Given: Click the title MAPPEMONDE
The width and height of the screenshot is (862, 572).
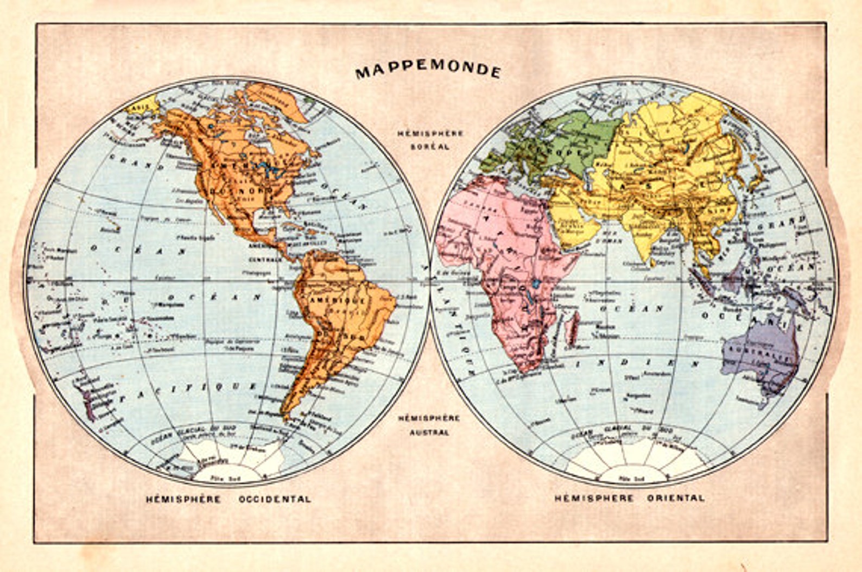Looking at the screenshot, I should point(428,72).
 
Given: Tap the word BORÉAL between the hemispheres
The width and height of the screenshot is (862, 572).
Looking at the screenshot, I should point(430,147).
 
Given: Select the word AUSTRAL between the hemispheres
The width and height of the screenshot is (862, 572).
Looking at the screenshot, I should point(429,432).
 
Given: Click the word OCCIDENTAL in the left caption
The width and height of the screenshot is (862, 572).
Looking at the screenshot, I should point(275,499).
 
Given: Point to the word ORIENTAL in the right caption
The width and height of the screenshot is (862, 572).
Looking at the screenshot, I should point(675,498).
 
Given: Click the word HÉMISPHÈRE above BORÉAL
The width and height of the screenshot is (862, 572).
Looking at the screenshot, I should point(430,134).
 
